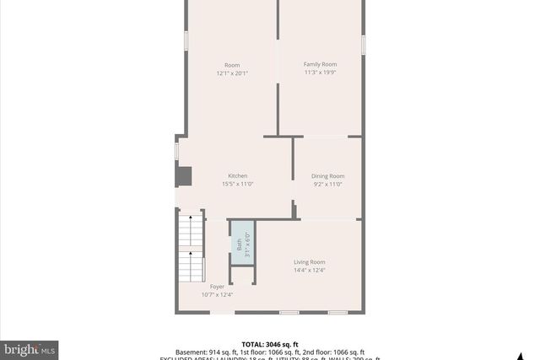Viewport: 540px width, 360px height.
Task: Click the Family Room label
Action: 320,64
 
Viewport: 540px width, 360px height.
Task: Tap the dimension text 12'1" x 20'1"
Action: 231,73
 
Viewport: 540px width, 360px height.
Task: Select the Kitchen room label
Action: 237,175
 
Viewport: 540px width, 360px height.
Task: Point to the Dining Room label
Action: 328,175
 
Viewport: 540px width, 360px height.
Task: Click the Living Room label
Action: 309,262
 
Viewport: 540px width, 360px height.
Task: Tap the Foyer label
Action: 218,287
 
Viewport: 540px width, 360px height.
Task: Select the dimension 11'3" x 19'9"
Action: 320,73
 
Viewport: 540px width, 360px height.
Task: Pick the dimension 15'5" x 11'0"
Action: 237,184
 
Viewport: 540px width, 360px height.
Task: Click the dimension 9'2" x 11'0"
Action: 328,184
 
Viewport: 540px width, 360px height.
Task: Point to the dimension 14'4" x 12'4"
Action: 309,271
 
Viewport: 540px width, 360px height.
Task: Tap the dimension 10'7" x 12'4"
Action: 217,295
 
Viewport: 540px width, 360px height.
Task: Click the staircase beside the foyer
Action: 191,246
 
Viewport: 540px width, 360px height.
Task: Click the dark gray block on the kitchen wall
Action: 183,175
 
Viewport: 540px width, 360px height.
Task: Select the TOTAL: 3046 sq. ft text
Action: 269,344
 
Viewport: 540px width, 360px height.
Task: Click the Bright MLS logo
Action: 30,348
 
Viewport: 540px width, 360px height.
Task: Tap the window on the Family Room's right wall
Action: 363,45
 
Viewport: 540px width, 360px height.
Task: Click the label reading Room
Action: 231,65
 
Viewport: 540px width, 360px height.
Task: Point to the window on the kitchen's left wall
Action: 176,150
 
